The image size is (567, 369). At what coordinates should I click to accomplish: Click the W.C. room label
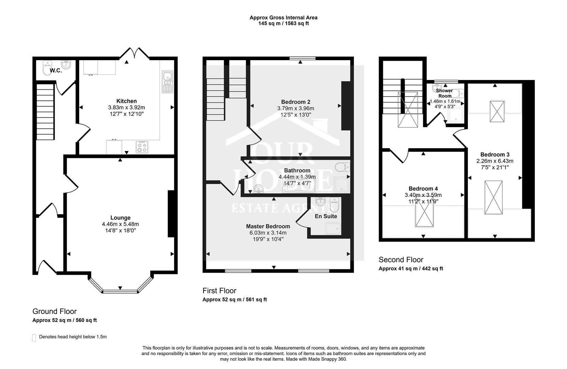(56, 71)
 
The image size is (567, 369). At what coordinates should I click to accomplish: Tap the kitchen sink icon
(167, 82)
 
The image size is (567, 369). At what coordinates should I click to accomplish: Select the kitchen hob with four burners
(142, 147)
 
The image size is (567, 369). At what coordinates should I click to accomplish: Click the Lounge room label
(120, 218)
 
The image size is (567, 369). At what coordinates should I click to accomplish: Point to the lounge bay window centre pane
(120, 291)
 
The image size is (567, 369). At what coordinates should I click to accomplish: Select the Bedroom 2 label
(295, 102)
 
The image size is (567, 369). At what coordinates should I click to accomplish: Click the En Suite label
(326, 216)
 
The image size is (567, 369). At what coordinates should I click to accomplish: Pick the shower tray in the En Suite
(333, 229)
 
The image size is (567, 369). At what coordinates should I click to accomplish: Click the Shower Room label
(444, 93)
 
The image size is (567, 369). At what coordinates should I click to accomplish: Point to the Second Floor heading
(401, 260)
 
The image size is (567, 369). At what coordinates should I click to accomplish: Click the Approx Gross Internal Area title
(283, 17)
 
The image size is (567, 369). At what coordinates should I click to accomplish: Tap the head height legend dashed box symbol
(34, 338)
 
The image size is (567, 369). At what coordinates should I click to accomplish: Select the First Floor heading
(219, 291)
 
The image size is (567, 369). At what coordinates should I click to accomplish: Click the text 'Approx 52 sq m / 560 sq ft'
(65, 320)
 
